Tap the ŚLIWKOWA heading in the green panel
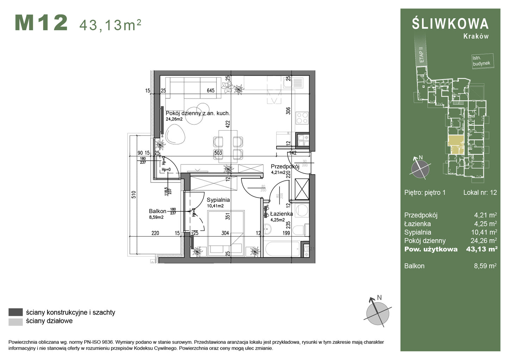pos(450,24)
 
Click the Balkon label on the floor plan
pos(157,211)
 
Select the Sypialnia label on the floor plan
pos(218,200)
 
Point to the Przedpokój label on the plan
pos(285,167)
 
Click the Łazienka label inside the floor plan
pos(281,214)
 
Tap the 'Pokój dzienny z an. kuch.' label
pos(198,113)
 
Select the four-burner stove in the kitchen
pos(302,118)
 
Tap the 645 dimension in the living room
pos(211,91)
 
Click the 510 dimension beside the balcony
pos(134,195)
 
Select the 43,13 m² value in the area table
pos(482,249)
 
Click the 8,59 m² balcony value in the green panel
pos(485,266)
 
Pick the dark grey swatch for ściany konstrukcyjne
pos(15,312)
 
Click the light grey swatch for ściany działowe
pos(15,321)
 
